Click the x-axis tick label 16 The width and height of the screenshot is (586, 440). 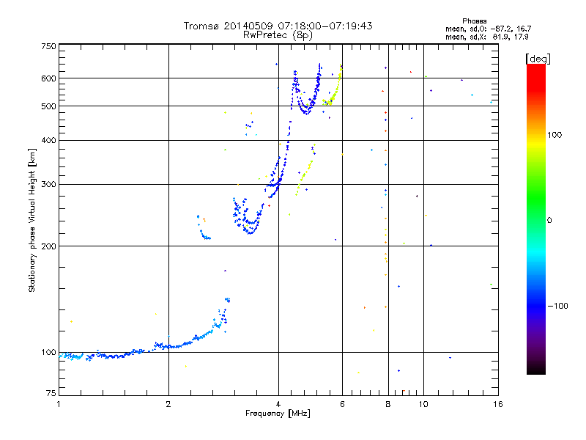point(497,404)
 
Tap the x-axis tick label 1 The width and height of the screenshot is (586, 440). point(59,404)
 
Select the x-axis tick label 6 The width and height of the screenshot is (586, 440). point(342,404)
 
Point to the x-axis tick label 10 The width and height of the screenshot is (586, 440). point(423,404)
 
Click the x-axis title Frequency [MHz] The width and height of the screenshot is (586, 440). point(278,414)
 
